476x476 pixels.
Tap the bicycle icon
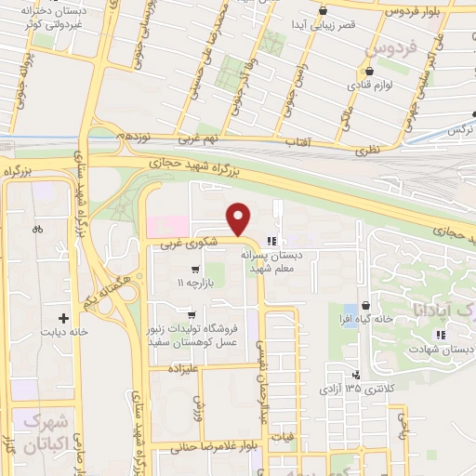pyautogui.click(x=37, y=229)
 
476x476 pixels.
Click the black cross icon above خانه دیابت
pyautogui.click(x=63, y=316)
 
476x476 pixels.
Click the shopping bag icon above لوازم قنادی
pyautogui.click(x=369, y=71)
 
